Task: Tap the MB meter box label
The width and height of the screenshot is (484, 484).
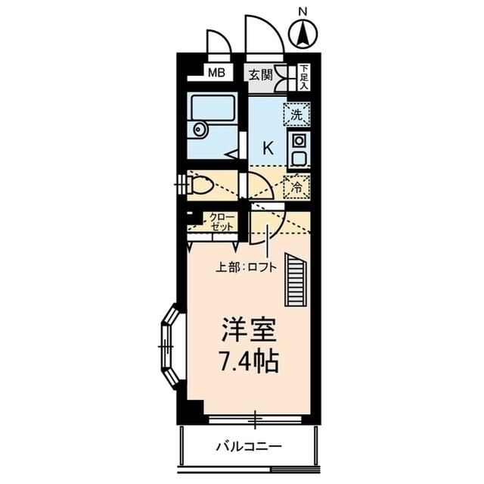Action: [x=216, y=73]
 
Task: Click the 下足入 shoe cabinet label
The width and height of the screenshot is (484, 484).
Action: [x=302, y=77]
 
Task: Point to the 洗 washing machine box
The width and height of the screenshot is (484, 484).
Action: [x=297, y=115]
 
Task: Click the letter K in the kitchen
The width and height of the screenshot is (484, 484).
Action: [x=267, y=148]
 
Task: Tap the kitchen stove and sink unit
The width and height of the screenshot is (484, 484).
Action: [x=298, y=150]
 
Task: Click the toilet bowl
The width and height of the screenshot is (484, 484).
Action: [x=200, y=185]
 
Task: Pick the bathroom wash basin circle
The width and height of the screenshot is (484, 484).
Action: [x=200, y=130]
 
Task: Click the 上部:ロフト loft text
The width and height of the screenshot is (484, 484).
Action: [x=246, y=266]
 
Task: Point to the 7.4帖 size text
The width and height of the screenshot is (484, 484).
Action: [x=248, y=361]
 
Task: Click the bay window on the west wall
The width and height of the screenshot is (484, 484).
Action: [x=169, y=345]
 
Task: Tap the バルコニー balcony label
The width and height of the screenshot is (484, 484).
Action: [x=247, y=446]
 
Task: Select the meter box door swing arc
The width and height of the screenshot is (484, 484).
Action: [x=219, y=42]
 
